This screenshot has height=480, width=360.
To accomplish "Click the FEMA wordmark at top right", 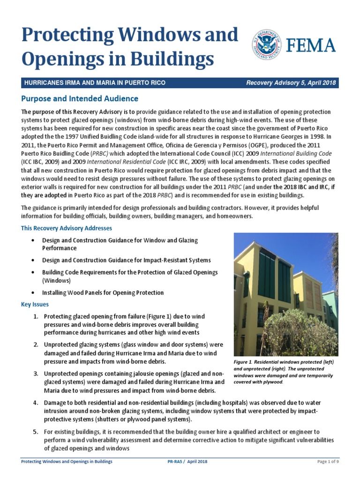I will [x=310, y=46].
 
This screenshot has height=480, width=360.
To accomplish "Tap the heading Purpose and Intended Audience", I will [x=80, y=99].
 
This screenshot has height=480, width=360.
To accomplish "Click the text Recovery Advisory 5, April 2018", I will [x=291, y=83].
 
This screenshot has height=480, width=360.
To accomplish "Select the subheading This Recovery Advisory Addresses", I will [x=67, y=228].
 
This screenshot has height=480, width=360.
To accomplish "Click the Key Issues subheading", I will [x=35, y=304].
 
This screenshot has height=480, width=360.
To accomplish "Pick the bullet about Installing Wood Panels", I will [x=103, y=292].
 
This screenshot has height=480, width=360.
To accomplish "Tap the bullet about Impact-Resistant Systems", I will [x=126, y=260].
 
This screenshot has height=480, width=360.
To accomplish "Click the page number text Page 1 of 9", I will [x=328, y=462].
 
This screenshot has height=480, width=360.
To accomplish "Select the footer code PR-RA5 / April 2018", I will [x=187, y=462].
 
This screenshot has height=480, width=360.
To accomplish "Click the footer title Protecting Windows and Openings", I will [x=67, y=462].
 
